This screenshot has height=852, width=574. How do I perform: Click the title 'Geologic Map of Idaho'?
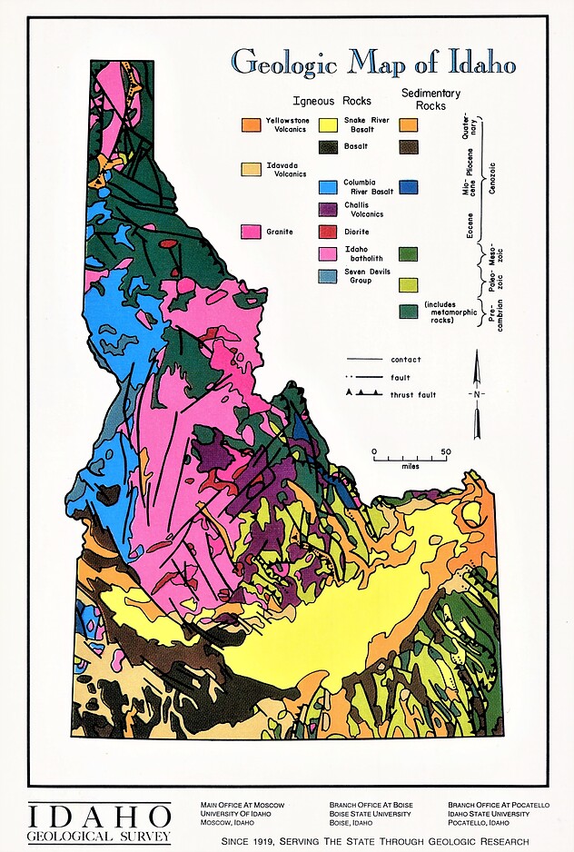(373, 64)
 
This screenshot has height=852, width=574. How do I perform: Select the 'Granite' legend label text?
(279, 233)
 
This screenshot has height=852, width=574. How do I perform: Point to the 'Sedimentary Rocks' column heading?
(430, 99)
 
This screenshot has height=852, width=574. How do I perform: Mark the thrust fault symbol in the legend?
(361, 394)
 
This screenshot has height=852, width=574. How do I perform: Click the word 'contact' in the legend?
(405, 360)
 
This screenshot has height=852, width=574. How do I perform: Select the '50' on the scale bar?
(445, 451)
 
